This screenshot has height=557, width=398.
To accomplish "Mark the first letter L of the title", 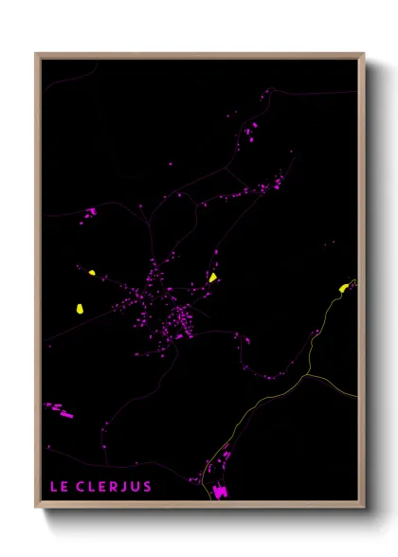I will tap(52, 487).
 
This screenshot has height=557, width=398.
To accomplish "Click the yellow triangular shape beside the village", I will tap(213, 278).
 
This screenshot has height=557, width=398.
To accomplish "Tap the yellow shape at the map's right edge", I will tap(344, 288).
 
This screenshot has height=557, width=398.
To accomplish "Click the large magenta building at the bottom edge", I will tap(221, 492).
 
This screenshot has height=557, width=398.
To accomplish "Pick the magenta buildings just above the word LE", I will tap(60, 409).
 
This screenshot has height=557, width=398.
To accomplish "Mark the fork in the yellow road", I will tap(306, 376).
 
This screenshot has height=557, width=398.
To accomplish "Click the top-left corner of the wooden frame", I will tap(36, 54).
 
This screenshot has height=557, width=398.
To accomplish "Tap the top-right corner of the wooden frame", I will tap(364, 54).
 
